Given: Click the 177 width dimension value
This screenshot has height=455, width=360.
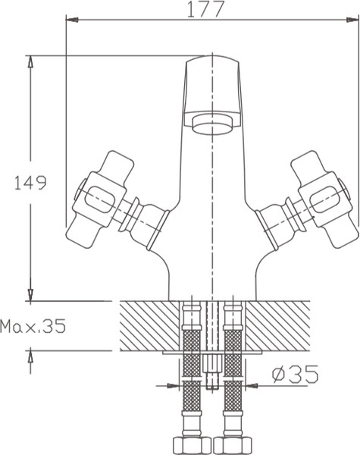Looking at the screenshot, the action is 205,9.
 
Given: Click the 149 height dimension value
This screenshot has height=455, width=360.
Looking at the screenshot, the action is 30,183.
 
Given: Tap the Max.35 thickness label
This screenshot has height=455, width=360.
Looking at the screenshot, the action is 33,325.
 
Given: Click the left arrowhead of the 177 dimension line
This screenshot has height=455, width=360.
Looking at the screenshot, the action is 72,20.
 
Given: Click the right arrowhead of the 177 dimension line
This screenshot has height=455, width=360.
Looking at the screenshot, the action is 352,20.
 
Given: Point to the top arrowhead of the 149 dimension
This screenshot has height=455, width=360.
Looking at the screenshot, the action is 30,61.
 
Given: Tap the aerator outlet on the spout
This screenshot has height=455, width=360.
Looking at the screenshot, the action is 213,124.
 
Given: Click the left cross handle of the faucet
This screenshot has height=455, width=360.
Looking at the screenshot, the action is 99,199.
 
